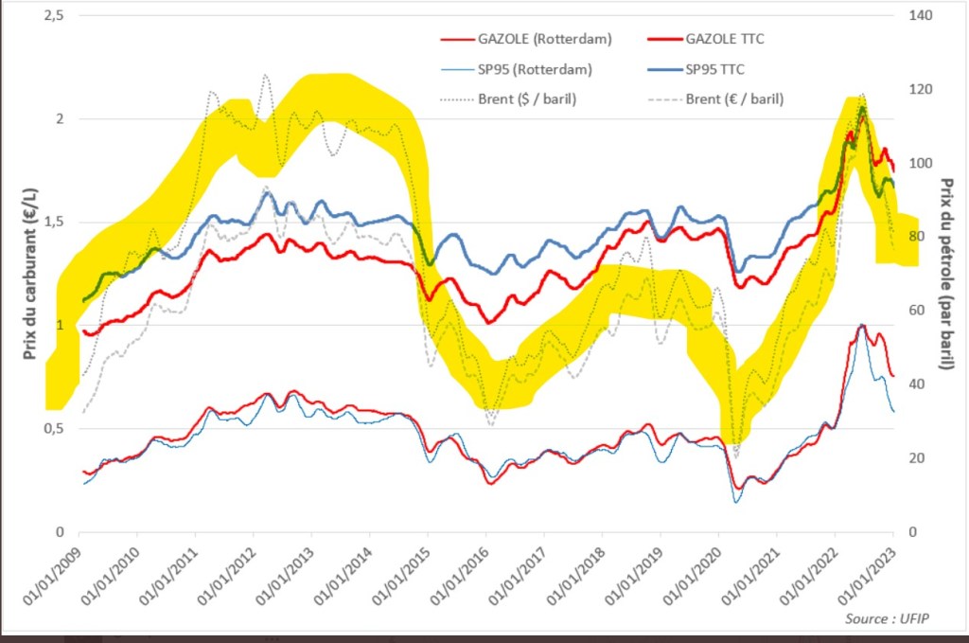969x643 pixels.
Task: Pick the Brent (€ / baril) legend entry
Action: point(734,98)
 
